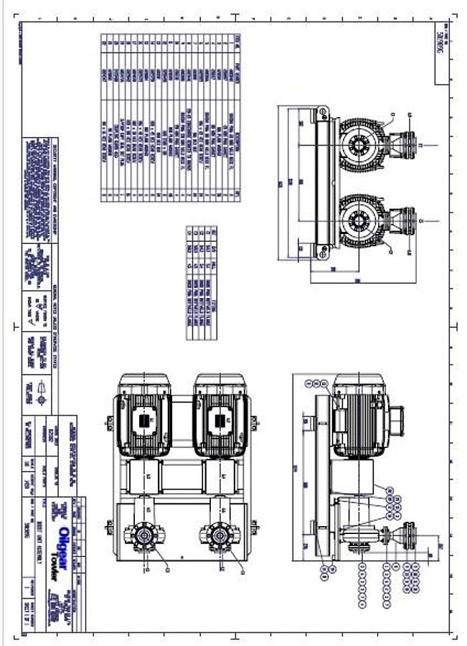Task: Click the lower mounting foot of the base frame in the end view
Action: pos(321,252)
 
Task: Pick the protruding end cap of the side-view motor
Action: pos(396,417)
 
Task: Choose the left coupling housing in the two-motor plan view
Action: pos(143,476)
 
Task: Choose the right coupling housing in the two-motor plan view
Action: pos(220,476)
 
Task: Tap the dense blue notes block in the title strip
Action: pos(39,165)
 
